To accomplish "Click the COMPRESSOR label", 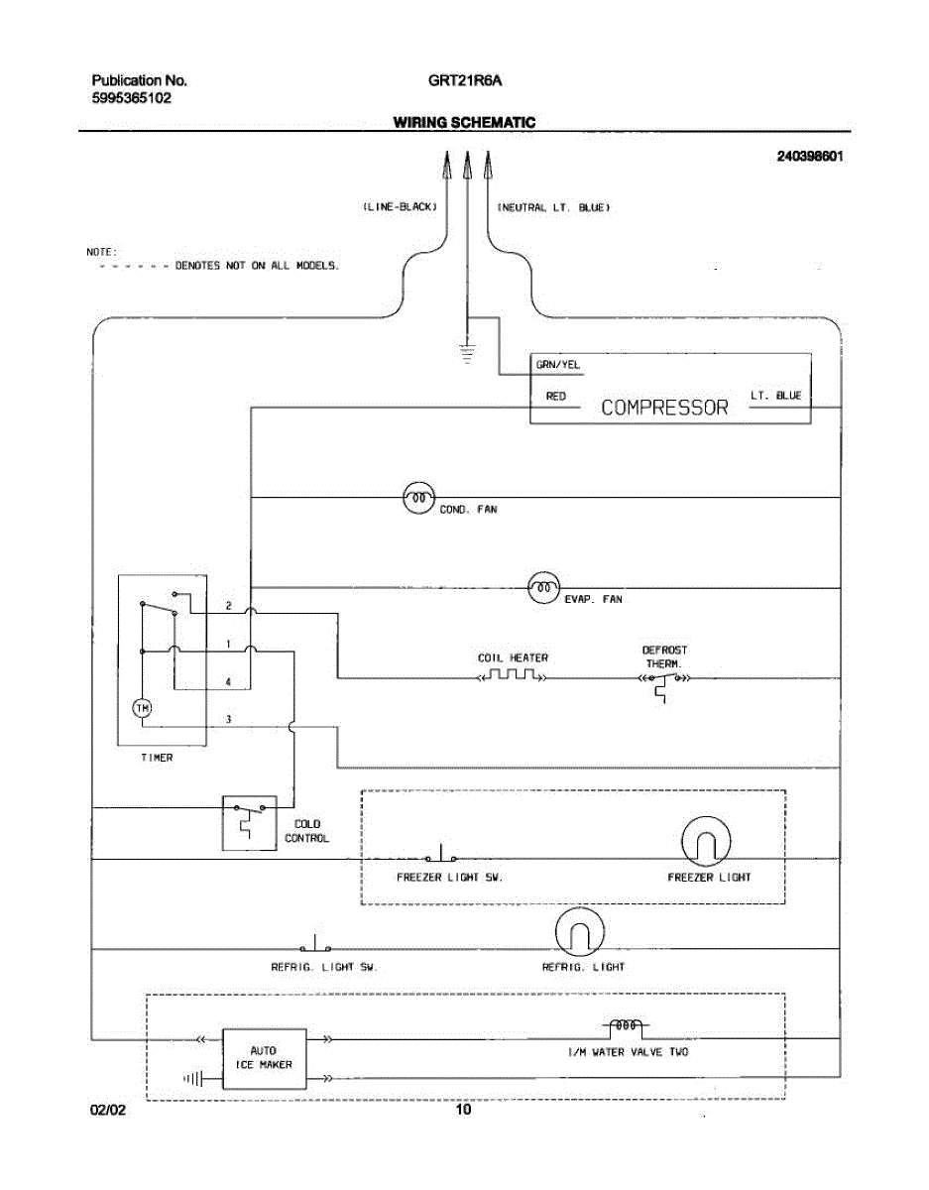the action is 664,408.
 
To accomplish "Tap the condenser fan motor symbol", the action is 418,498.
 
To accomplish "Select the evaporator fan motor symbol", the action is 543,588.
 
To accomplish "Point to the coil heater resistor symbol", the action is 512,674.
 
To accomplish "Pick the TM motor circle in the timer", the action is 143,708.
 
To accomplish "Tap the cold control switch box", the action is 249,823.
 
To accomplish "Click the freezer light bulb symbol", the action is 706,842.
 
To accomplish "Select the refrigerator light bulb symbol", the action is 580,931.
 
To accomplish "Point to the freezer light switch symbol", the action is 440,854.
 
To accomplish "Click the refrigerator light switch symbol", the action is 315,944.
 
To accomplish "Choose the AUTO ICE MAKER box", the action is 265,1058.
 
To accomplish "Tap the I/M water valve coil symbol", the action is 626,1025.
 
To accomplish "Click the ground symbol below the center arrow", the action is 467,354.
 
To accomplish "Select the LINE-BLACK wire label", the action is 401,207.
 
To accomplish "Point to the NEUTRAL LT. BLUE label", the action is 553,207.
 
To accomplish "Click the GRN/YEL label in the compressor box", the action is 558,365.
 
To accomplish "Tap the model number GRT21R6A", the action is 465,80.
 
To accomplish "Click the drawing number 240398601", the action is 810,156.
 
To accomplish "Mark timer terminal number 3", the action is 228,719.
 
